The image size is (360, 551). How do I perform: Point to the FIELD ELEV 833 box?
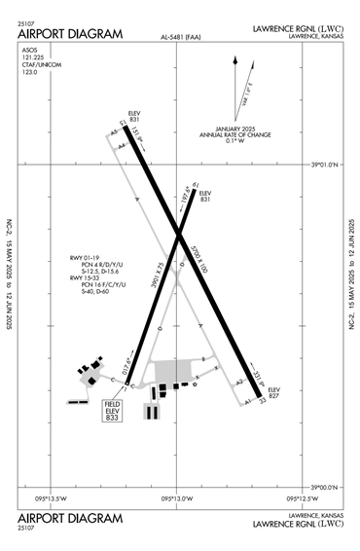pyautogui.click(x=118, y=410)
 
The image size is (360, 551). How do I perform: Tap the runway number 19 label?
pyautogui.click(x=195, y=185)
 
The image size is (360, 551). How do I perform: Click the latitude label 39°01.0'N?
pyautogui.click(x=323, y=165)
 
